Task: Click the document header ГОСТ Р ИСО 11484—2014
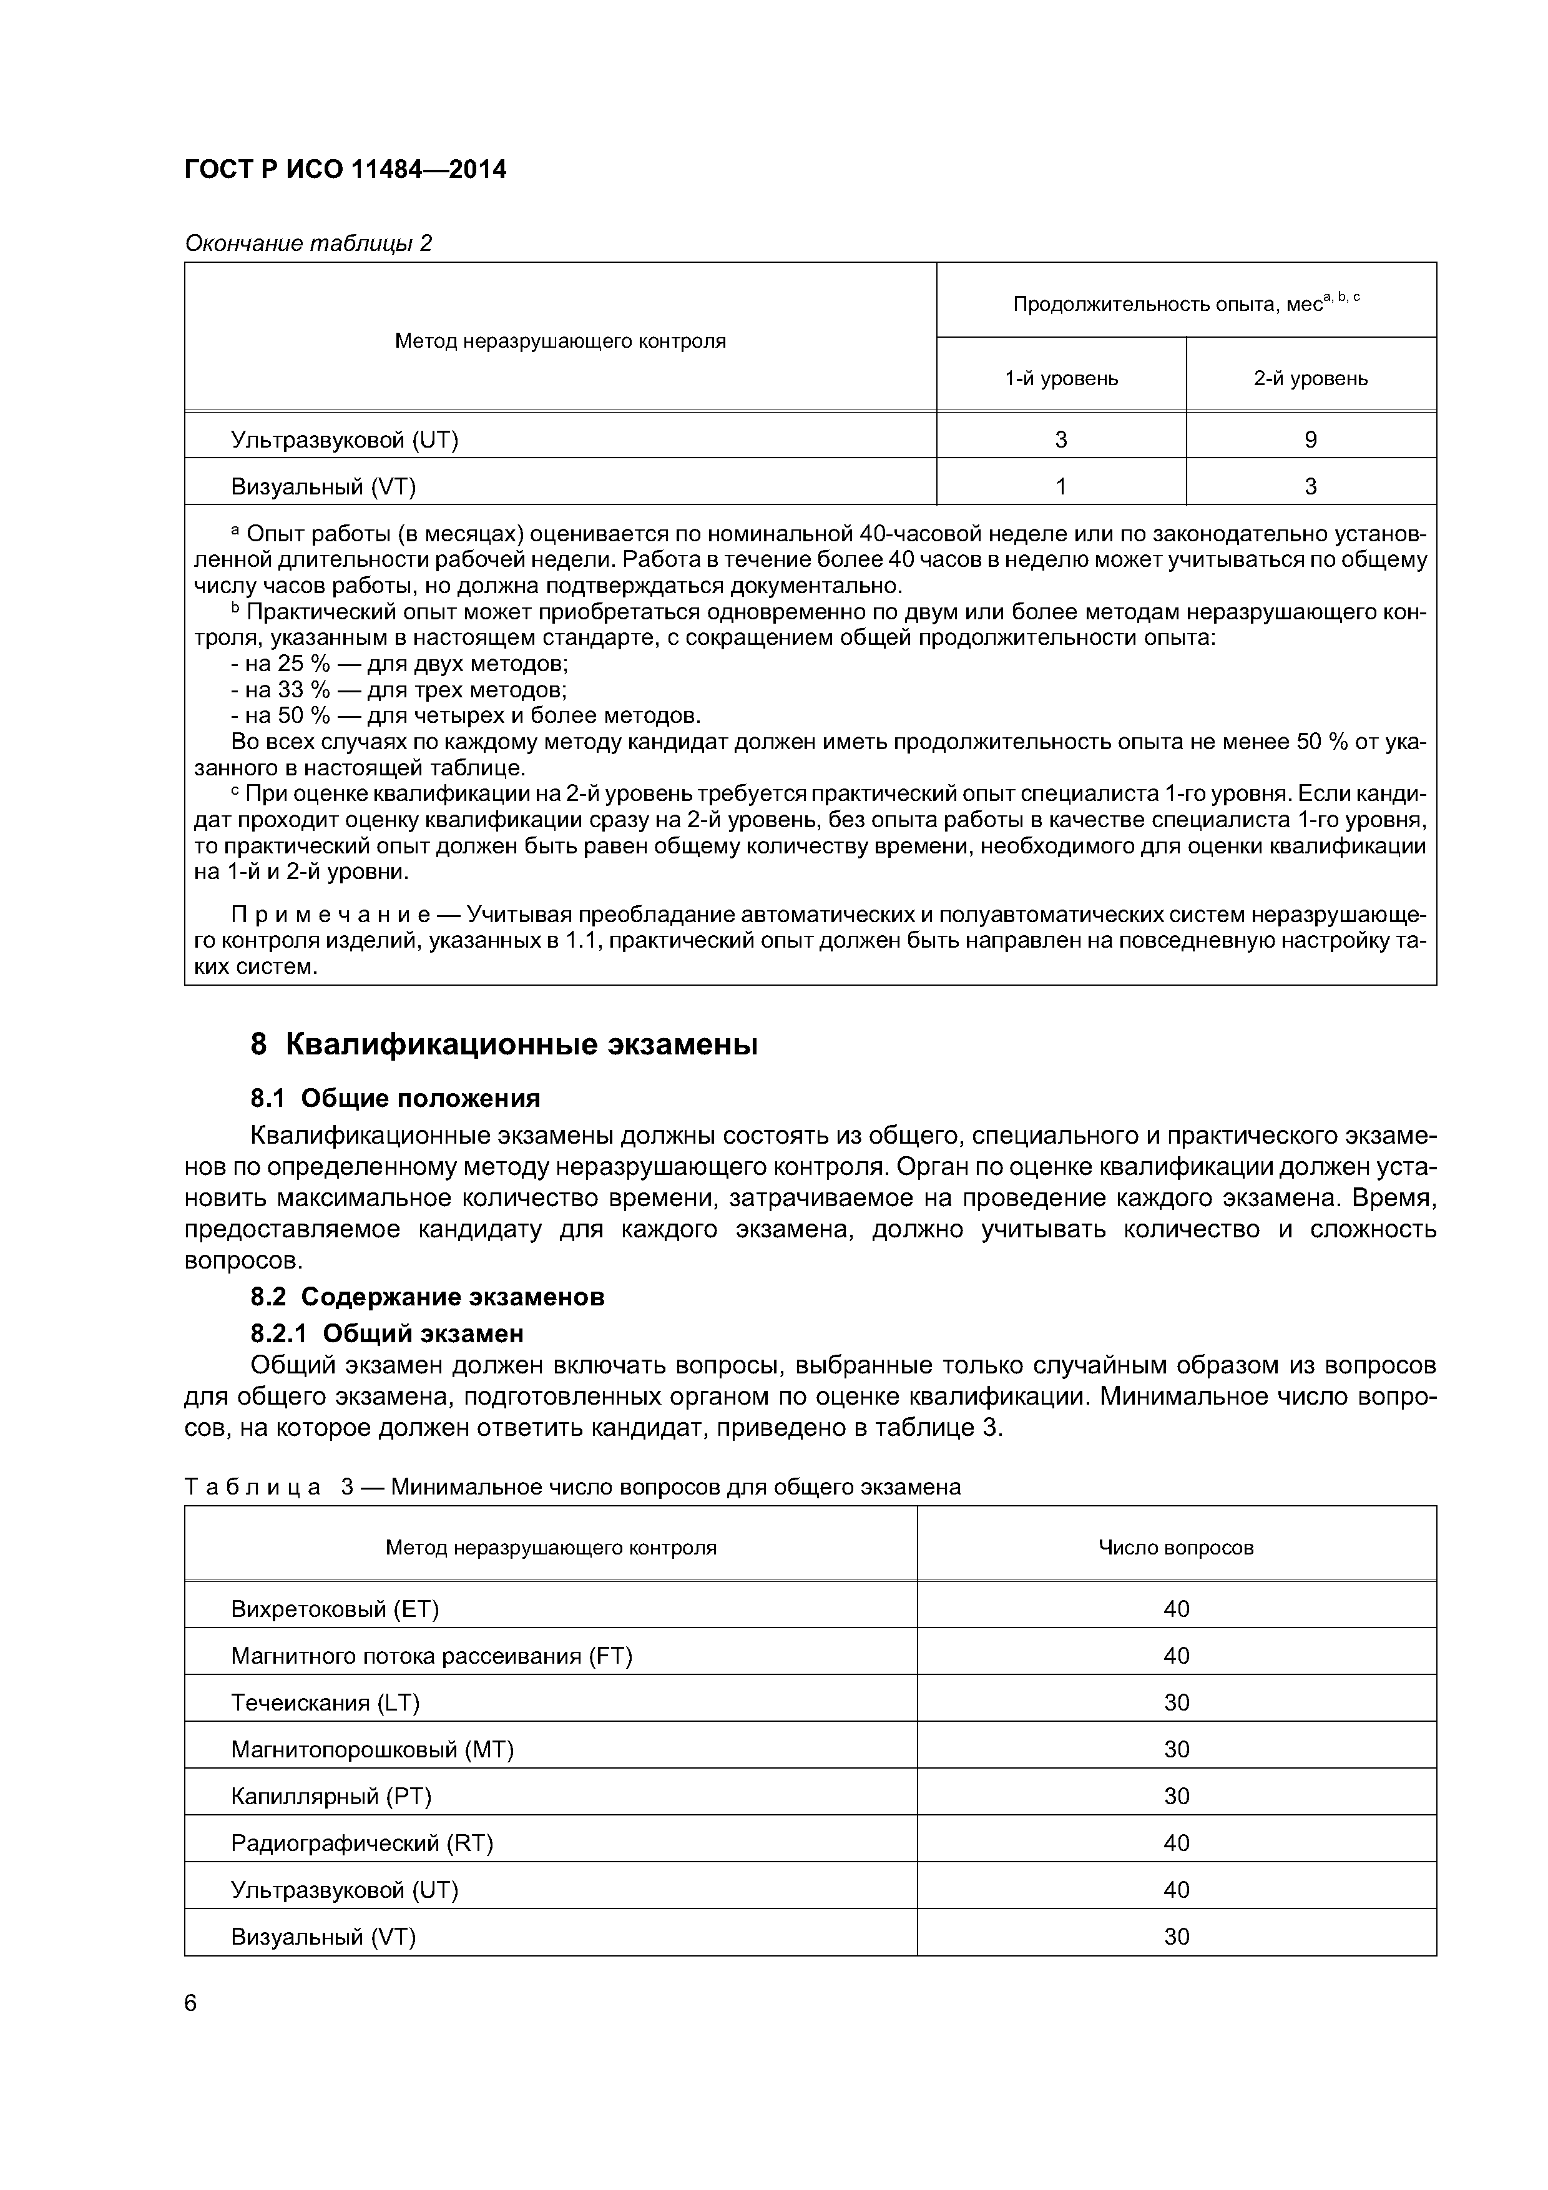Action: coord(345,170)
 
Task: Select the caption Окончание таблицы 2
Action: coord(308,243)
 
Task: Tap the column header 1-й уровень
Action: coord(1061,379)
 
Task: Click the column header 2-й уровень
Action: coord(1311,379)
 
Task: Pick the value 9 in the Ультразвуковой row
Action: coord(1311,439)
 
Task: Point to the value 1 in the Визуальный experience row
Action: coord(1061,486)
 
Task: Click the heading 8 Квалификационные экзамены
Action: coord(504,1044)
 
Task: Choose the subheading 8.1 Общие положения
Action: coord(395,1099)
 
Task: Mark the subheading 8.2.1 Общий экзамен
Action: coord(386,1332)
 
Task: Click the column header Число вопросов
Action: coord(1176,1547)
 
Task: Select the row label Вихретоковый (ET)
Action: coord(335,1609)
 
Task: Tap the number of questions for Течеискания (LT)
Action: coord(1176,1702)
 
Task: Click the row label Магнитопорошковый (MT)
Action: coord(372,1749)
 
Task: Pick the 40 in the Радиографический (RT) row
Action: coord(1176,1843)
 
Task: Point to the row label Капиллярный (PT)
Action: coord(331,1796)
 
